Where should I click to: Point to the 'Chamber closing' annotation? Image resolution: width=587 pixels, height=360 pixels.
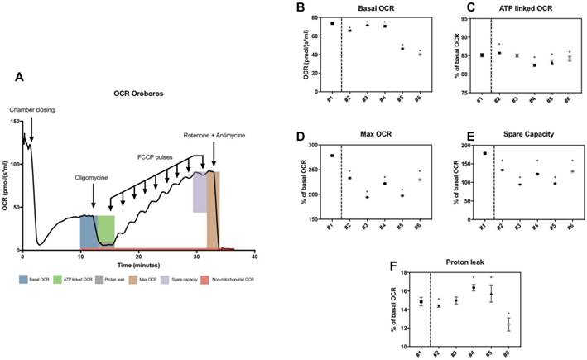[x=30, y=108]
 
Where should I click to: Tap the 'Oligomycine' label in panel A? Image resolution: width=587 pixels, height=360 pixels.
[x=94, y=176]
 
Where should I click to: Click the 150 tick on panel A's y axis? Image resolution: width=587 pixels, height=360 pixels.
[x=14, y=122]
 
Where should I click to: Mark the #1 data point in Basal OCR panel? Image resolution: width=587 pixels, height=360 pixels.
[x=332, y=23]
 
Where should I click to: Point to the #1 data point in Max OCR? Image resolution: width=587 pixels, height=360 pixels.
[x=332, y=156]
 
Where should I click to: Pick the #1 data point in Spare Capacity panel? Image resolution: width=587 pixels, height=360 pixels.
[x=484, y=154]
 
